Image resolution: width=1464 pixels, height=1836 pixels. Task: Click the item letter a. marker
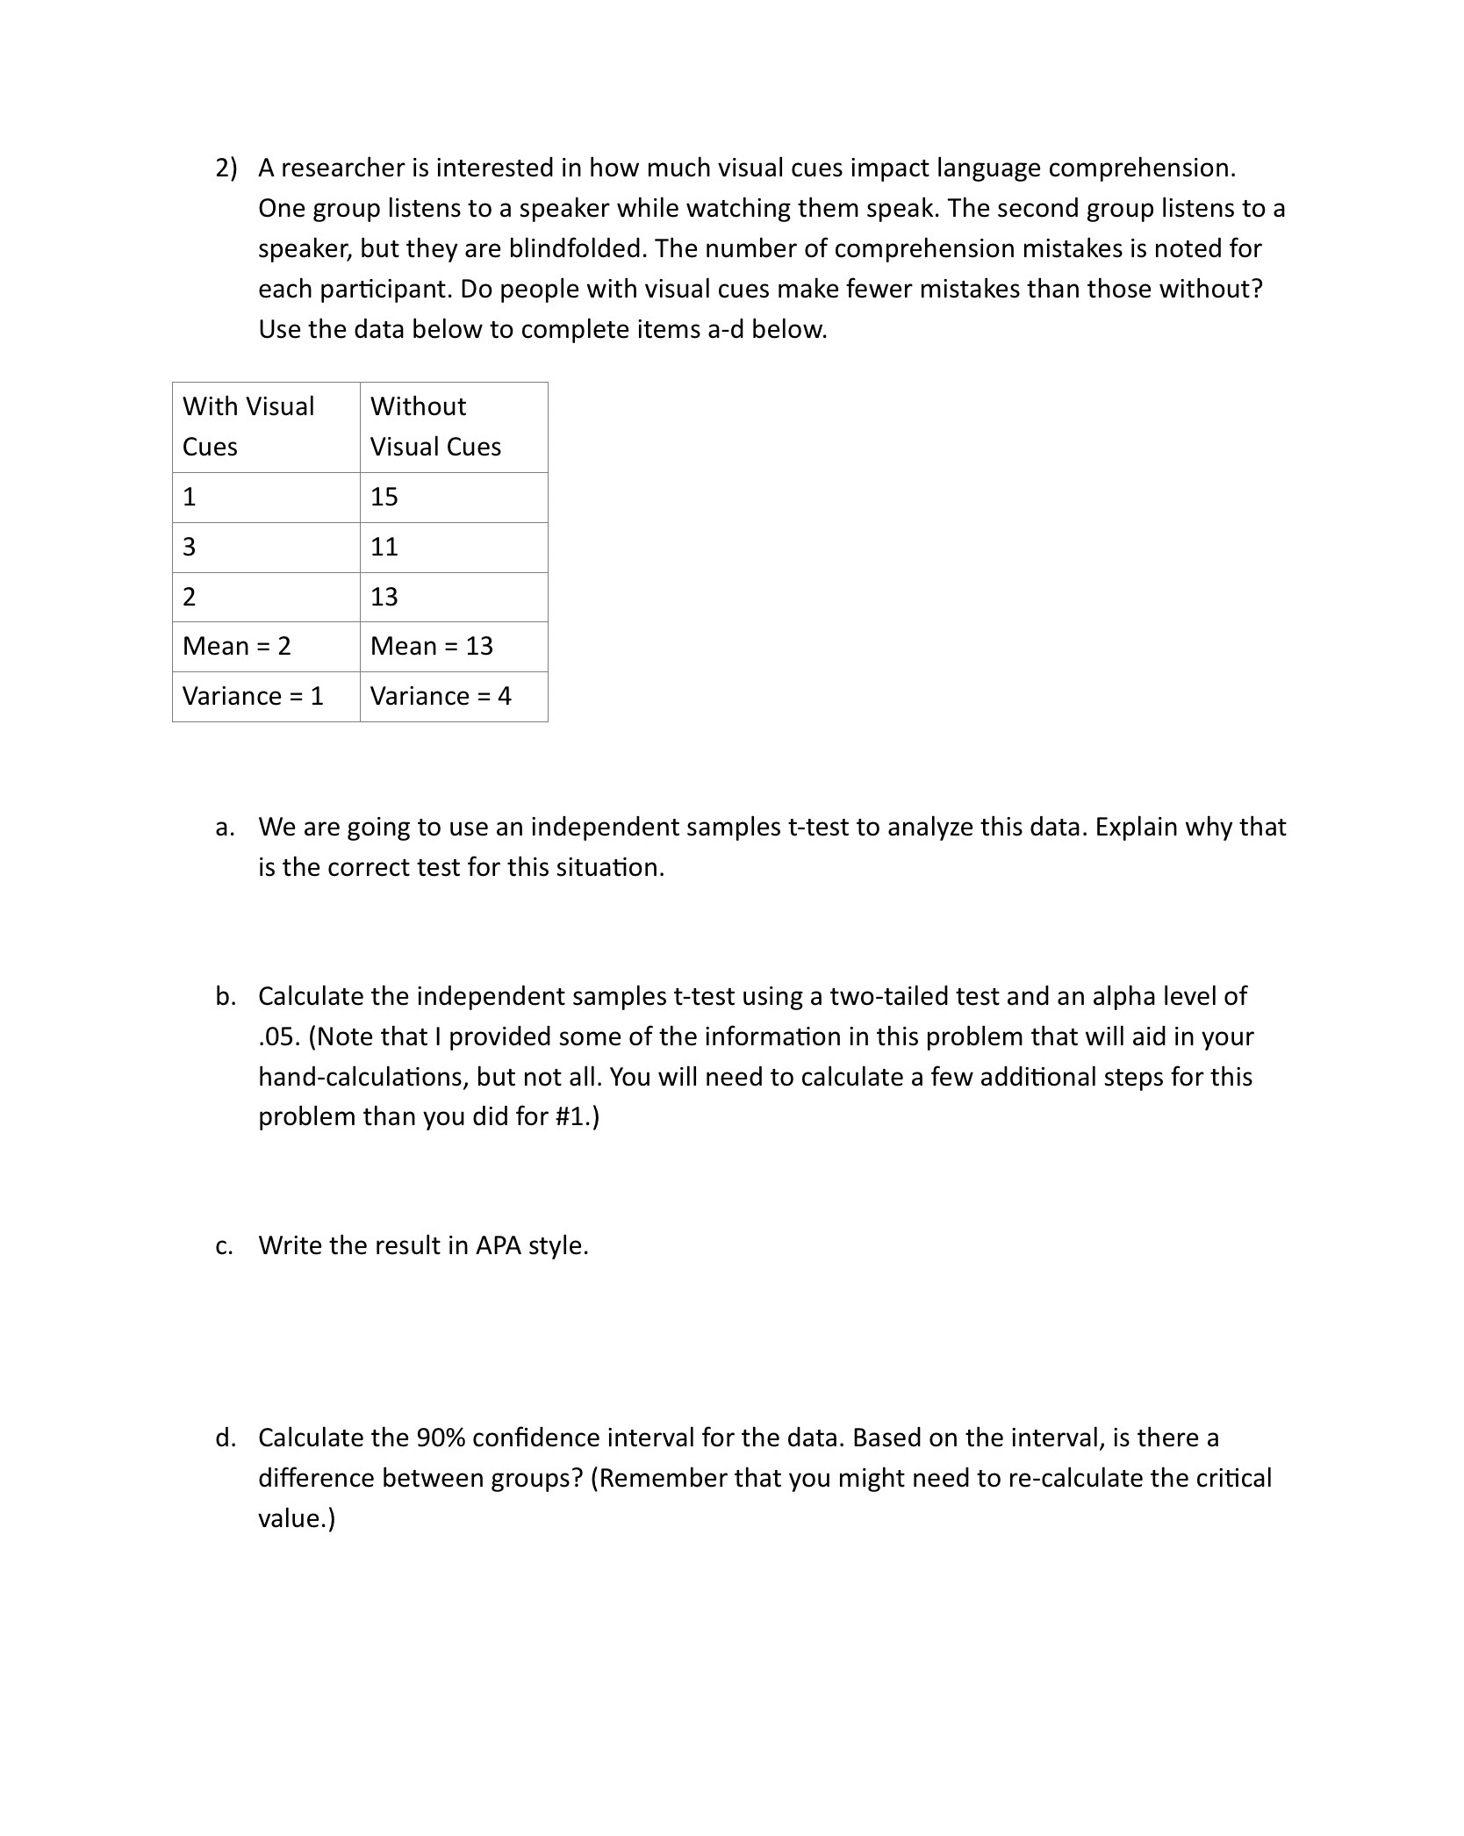(225, 827)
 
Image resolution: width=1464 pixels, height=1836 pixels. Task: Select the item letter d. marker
(225, 1438)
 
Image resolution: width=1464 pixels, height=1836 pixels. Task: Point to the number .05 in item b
(279, 1036)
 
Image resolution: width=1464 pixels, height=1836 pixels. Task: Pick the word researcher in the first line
(341, 168)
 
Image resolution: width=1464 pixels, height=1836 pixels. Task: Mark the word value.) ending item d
(297, 1518)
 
